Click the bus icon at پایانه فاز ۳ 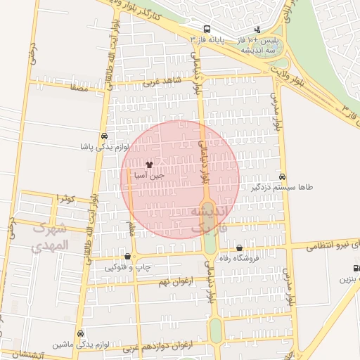(x=206, y=30)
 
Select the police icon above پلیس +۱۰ (x=257, y=30)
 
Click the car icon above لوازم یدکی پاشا (x=104, y=136)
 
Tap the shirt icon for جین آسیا (x=148, y=163)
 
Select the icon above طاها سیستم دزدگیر (x=282, y=176)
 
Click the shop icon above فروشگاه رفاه (x=239, y=247)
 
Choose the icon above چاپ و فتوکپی (x=127, y=257)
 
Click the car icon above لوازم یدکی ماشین (x=80, y=333)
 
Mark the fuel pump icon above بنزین (x=356, y=268)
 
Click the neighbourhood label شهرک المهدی (x=51, y=237)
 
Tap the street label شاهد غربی (x=162, y=82)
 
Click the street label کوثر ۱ (x=66, y=199)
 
